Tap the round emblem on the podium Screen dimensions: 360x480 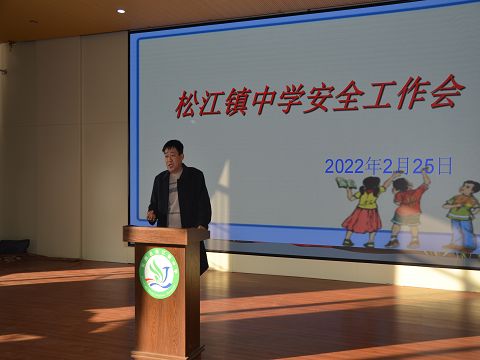tap(159, 273)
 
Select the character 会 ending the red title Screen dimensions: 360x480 tap(447, 92)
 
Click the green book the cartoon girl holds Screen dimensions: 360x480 tap(345, 183)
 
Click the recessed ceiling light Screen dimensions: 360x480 tap(121, 11)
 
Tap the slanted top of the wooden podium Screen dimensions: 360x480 tap(166, 233)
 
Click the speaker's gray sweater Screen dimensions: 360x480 tap(175, 200)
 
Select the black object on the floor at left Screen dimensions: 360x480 tap(14, 246)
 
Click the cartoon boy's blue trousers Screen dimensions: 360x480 tap(461, 234)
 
